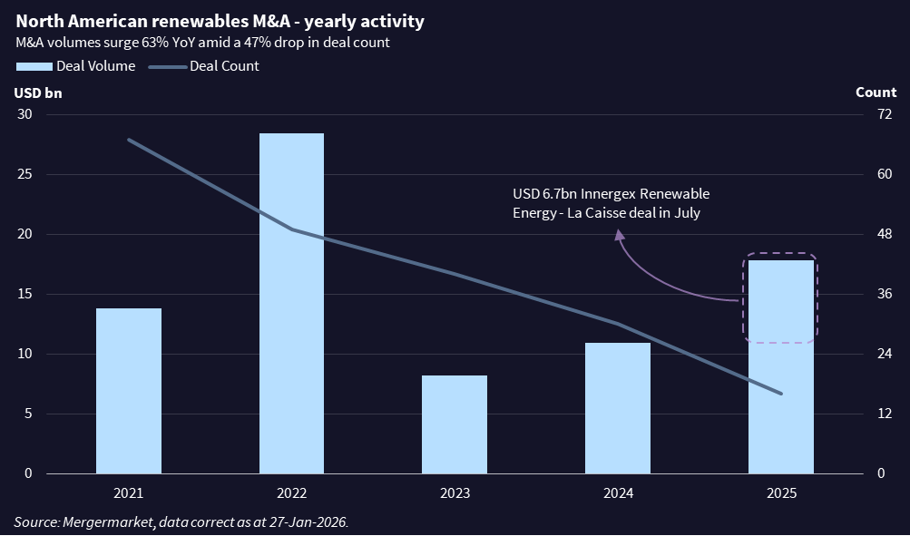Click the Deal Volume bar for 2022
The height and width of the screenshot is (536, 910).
291,303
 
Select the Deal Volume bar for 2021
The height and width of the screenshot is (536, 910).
129,391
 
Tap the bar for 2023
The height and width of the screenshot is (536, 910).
455,424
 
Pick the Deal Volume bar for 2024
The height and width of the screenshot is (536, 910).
618,408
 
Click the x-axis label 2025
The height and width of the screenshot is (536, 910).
781,493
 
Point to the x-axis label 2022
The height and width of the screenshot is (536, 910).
291,493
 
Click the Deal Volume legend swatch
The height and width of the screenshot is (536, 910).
34,66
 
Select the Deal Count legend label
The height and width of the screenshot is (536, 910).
224,66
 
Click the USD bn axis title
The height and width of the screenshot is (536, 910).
38,92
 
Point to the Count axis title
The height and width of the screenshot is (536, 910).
876,92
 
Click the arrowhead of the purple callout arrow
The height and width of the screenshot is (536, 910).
620,234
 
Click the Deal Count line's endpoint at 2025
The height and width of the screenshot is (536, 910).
781,394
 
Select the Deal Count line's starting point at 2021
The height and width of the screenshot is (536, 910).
129,140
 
